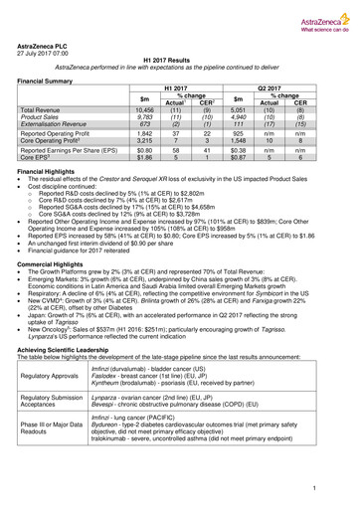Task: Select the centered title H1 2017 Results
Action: (180, 61)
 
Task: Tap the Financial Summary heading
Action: (52, 80)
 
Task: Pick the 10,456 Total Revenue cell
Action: (145, 112)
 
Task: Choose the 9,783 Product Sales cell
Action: (145, 119)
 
